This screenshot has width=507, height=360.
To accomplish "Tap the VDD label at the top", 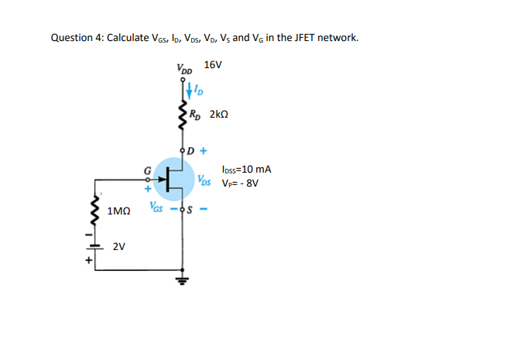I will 185,70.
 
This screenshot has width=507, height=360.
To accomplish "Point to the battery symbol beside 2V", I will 98,247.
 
